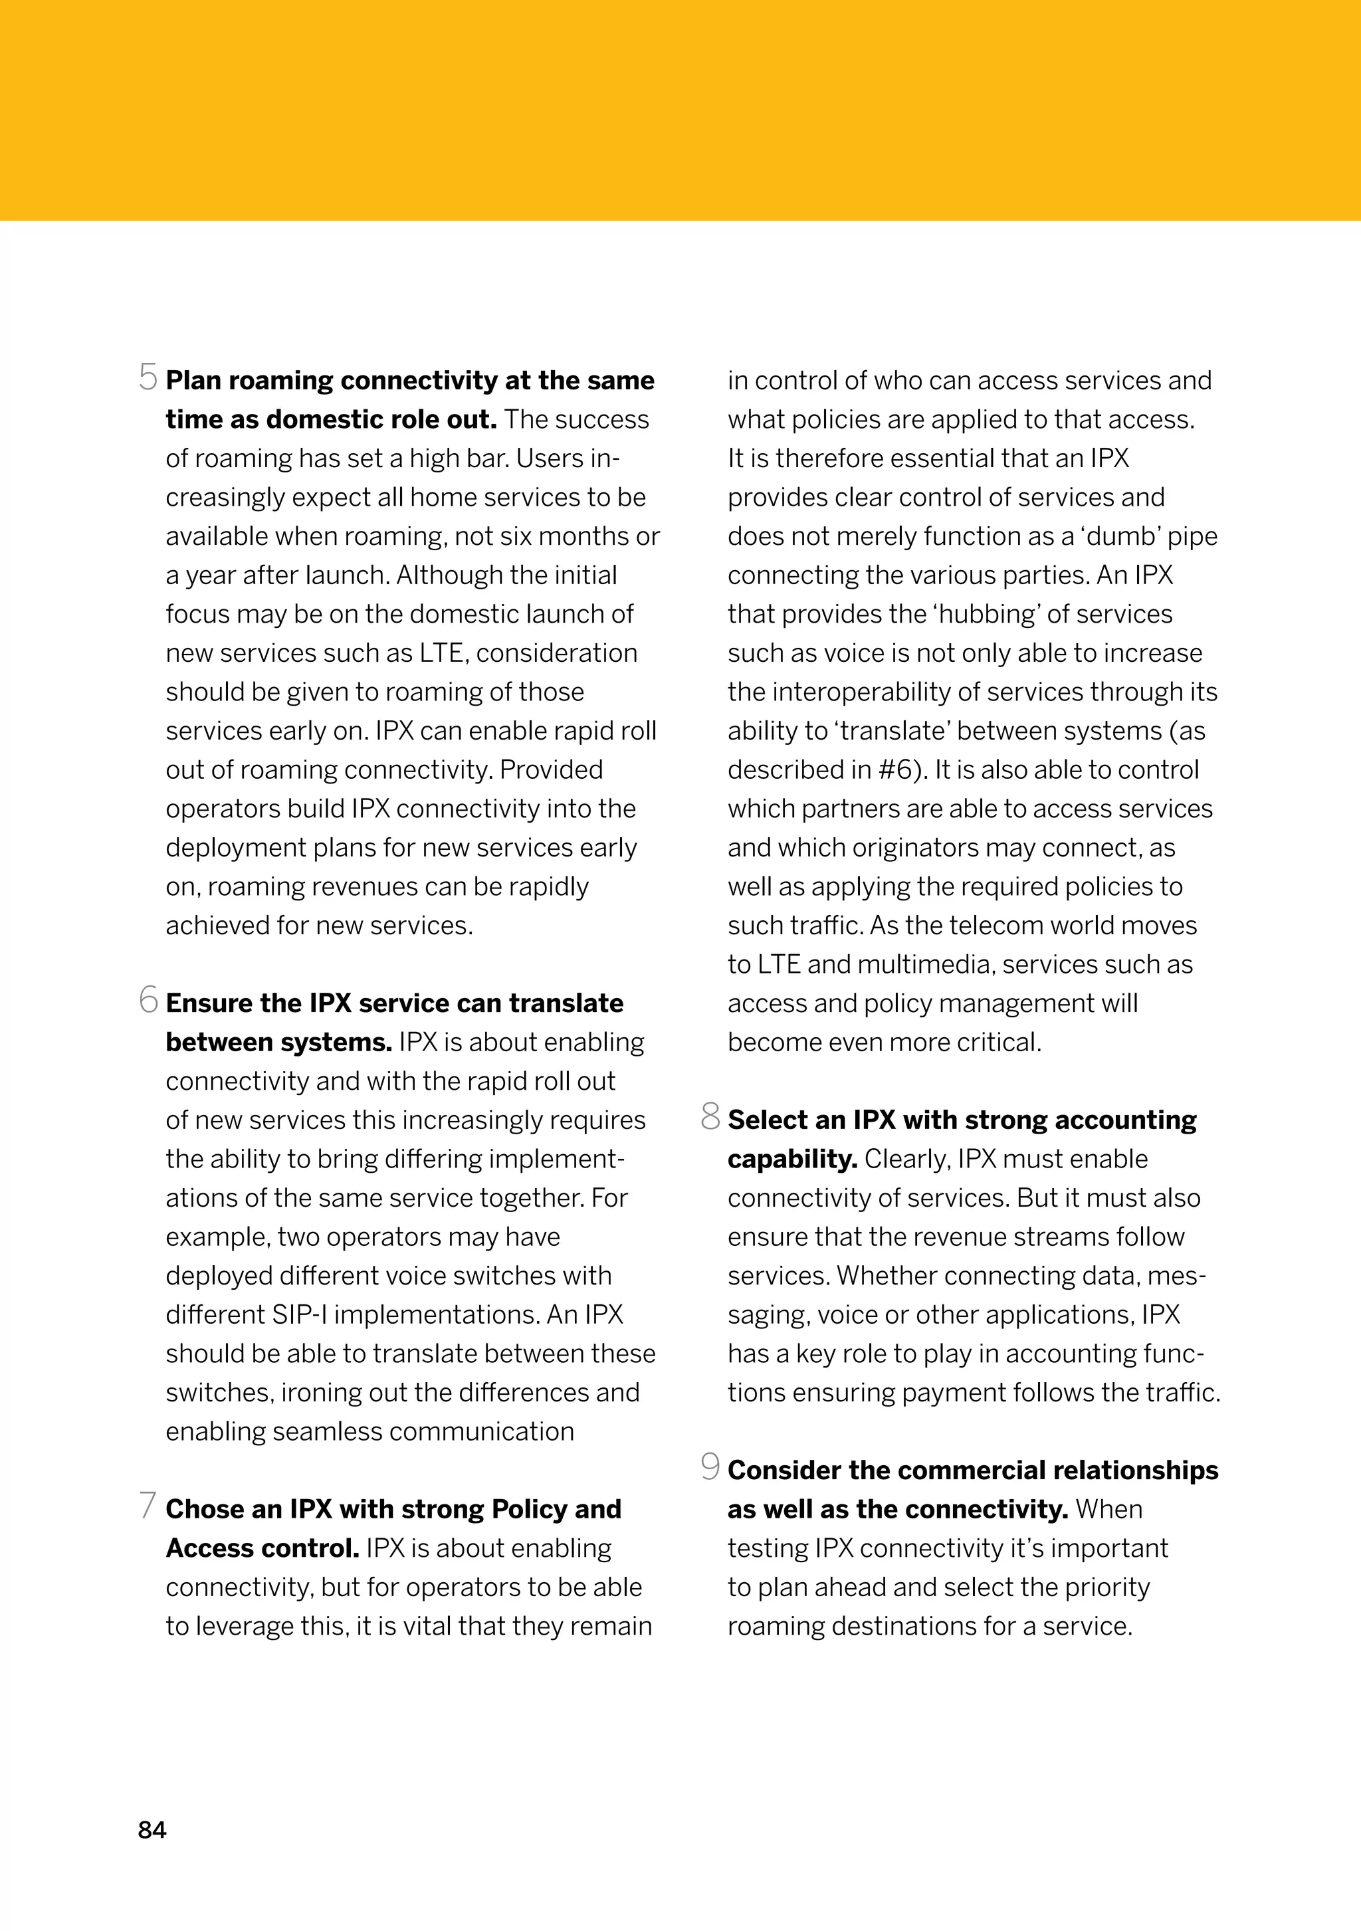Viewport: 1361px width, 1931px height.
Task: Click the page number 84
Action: (152, 1830)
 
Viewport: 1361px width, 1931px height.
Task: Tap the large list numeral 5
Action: (148, 377)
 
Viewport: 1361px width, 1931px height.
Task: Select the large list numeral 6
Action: (149, 1000)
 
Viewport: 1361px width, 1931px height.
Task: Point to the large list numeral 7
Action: (148, 1506)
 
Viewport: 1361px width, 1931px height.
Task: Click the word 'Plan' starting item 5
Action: (193, 380)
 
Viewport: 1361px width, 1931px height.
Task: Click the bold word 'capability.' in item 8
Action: (791, 1159)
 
